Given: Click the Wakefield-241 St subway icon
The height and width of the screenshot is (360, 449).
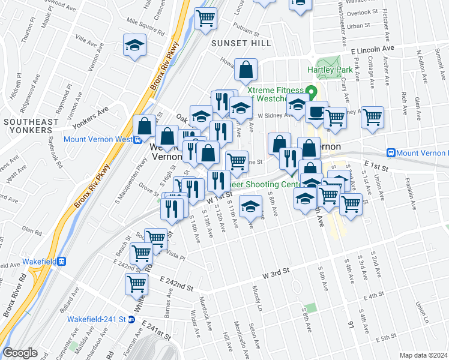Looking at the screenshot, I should click(131, 319).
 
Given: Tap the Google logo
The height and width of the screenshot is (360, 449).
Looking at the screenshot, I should click(20, 353).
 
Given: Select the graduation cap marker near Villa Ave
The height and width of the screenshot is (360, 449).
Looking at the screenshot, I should click(135, 45).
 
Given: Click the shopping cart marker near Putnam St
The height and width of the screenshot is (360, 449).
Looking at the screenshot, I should click(206, 18).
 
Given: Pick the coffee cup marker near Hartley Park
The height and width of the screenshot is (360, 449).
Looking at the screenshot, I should click(316, 112).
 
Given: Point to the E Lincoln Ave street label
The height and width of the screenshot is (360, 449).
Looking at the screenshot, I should click(373, 49).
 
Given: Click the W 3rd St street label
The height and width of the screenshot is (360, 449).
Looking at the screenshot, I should click(276, 273).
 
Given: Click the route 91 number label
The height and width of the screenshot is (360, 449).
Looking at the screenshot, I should click(351, 325).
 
